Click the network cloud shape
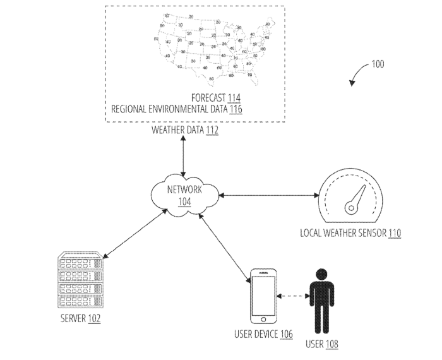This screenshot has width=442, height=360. (x=184, y=196)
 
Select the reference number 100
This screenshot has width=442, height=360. (x=377, y=64)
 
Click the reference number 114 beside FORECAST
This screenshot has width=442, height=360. (x=234, y=98)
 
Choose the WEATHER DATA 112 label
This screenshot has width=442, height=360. (x=185, y=131)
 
